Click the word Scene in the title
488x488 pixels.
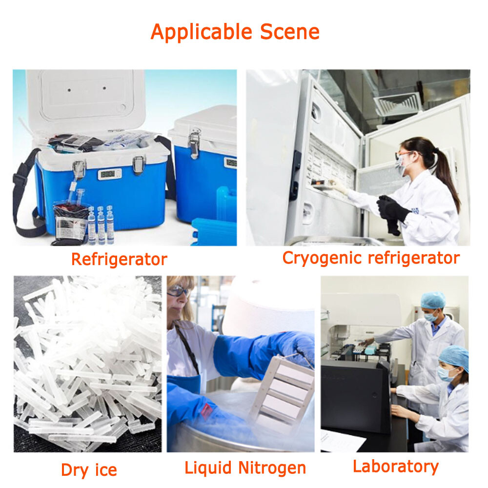click(290, 32)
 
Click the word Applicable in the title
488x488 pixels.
click(202, 32)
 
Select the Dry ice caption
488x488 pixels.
click(89, 470)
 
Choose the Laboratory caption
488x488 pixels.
click(396, 467)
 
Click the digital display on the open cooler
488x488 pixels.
click(109, 174)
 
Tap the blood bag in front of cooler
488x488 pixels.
click(70, 224)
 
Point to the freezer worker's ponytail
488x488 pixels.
click(447, 174)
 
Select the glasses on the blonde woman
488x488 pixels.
click(179, 291)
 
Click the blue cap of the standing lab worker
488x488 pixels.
click(433, 300)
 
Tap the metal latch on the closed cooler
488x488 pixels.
click(194, 144)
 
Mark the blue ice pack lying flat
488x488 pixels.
click(214, 232)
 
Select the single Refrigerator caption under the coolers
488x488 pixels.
click(119, 259)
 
